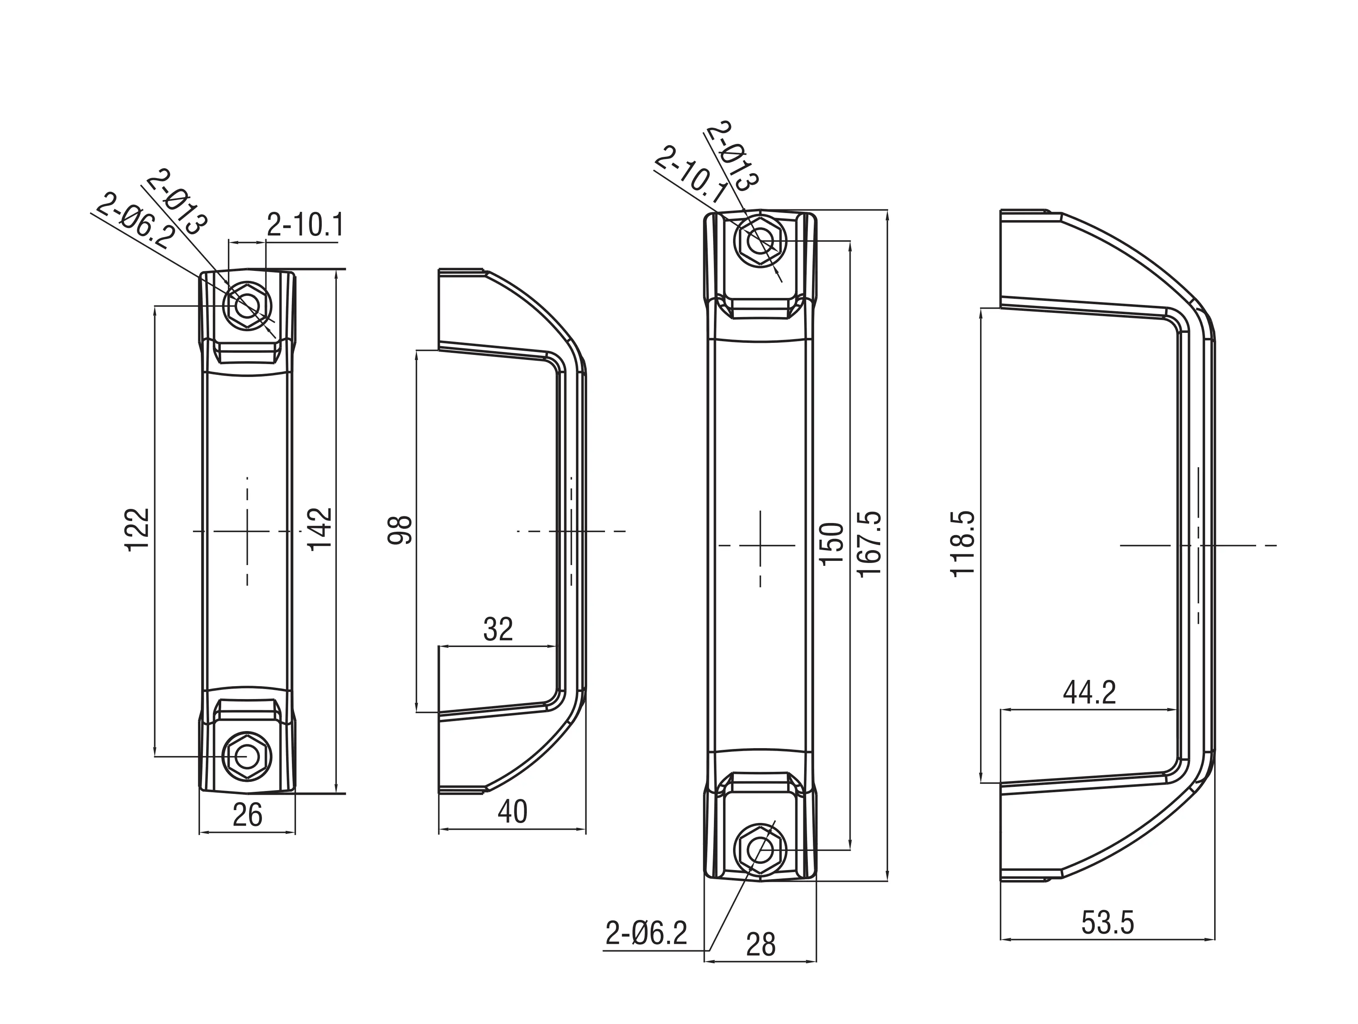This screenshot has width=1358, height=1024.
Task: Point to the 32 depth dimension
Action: point(497,629)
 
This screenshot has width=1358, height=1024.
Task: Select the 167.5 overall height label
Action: point(870,544)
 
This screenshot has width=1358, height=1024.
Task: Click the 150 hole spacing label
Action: point(832,544)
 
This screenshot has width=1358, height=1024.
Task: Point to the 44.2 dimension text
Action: point(1089,693)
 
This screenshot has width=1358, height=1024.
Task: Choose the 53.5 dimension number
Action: point(1108,923)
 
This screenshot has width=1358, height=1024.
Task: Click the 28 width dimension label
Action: point(760,945)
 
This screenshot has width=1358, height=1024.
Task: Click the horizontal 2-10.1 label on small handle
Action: point(305,226)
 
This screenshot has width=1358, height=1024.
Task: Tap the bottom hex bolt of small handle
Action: point(247,756)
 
